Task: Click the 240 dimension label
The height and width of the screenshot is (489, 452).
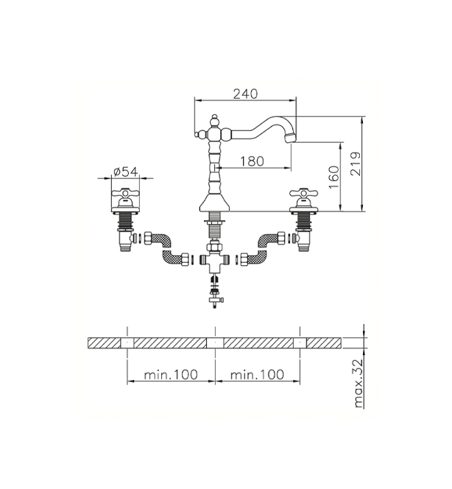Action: point(246,94)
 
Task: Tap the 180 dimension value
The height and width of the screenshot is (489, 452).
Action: point(252,161)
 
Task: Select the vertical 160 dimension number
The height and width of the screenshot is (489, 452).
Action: point(334,177)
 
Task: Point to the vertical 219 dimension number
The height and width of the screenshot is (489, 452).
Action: point(356,164)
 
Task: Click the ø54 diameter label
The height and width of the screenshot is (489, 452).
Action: point(126,172)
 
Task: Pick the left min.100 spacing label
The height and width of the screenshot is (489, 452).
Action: point(171,374)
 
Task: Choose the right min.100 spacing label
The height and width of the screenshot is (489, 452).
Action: point(257,374)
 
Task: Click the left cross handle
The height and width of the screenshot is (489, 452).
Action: point(125,195)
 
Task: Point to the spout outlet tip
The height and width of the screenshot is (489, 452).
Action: point(290,138)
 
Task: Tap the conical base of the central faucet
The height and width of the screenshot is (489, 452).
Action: point(214,203)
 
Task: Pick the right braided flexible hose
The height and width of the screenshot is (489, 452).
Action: point(263,249)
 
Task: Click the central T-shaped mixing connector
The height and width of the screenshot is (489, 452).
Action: point(214,261)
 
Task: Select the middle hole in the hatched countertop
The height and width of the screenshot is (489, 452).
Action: point(215,342)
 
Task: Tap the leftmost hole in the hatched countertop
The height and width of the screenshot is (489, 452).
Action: point(127,342)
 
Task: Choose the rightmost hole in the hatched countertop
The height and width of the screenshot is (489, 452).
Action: point(300,342)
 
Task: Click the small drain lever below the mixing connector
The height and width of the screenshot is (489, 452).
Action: point(216,300)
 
